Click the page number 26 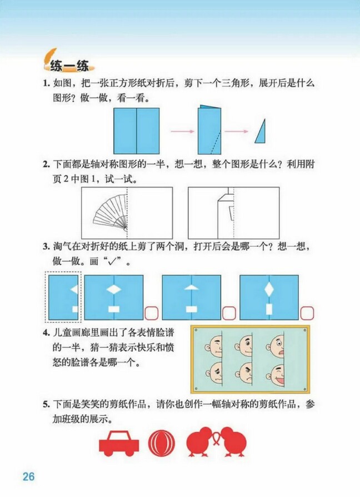(x=28, y=476)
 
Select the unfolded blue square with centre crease (x=136, y=131)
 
